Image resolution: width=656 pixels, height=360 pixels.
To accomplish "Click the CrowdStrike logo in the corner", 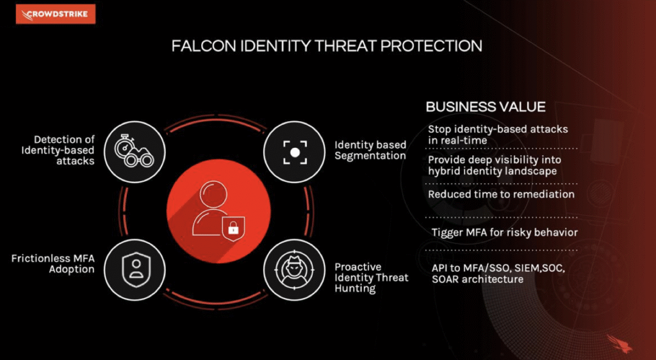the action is [56, 14].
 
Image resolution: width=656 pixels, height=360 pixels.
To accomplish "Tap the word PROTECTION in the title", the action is [432, 45].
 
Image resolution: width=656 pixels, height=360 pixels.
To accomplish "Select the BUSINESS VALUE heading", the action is [486, 107].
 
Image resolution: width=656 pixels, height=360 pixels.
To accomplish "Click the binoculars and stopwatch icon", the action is [135, 152].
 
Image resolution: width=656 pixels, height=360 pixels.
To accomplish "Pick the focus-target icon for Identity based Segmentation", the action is [295, 152].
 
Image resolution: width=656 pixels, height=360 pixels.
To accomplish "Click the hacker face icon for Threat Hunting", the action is [294, 270].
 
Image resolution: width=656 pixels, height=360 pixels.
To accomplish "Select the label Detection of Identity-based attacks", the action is [58, 150].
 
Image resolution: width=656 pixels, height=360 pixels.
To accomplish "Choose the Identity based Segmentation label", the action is [370, 150].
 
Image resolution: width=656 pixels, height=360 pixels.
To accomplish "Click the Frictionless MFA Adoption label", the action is [53, 264].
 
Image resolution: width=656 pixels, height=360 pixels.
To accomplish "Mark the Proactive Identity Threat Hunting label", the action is [371, 277].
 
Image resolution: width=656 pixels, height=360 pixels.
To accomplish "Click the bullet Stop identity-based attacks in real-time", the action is [498, 135].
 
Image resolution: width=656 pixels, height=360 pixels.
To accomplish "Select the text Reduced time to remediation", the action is [501, 194].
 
